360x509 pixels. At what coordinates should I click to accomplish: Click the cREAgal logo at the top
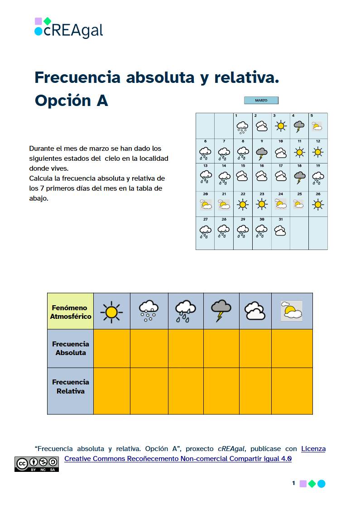69,28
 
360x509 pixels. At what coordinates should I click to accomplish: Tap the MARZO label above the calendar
261,101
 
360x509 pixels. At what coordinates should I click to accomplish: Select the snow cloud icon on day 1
243,127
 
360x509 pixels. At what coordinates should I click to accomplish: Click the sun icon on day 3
280,126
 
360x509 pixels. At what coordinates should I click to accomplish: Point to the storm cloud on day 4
299,126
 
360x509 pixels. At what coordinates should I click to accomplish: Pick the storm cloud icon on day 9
261,154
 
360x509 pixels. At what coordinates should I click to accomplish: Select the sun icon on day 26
318,205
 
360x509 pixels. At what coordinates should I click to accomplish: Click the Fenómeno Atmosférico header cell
71,312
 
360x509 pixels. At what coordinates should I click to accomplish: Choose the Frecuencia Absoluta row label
71,348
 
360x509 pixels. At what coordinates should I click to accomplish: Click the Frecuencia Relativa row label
71,387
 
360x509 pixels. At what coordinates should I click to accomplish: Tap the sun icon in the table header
111,312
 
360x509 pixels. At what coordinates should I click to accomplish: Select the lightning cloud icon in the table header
221,310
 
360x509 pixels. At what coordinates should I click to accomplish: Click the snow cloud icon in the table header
149,311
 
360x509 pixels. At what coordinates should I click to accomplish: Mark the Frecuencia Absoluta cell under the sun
111,348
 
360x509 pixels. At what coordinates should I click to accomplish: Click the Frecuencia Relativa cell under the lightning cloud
221,391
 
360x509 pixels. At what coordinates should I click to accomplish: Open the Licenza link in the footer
313,449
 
